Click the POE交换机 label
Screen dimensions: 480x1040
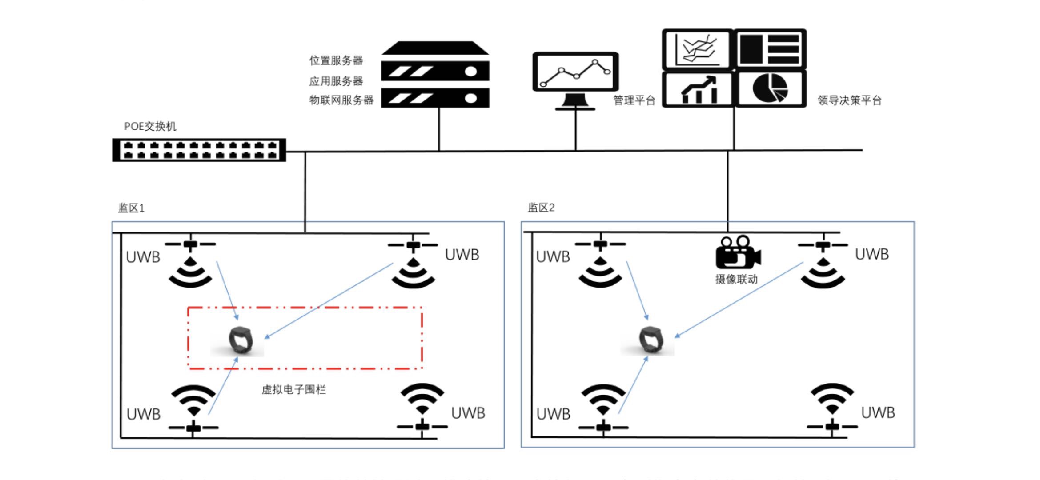150,127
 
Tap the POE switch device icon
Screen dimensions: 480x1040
199,150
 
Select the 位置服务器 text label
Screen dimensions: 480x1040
336,60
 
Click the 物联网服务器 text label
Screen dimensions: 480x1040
341,100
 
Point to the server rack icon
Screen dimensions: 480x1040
435,75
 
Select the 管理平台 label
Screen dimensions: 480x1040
634,101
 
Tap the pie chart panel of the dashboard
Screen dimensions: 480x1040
770,88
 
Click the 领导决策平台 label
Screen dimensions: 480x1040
849,101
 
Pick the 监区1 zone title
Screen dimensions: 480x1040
131,208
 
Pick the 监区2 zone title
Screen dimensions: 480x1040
541,208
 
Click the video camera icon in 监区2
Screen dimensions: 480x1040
738,252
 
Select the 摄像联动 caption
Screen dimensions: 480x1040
736,280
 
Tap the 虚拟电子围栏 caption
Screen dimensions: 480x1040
293,390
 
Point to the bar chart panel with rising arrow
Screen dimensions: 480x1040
698,89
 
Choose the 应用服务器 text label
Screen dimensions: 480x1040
336,81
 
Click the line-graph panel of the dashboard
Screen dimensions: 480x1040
697,49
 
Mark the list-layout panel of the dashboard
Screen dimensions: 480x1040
770,49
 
